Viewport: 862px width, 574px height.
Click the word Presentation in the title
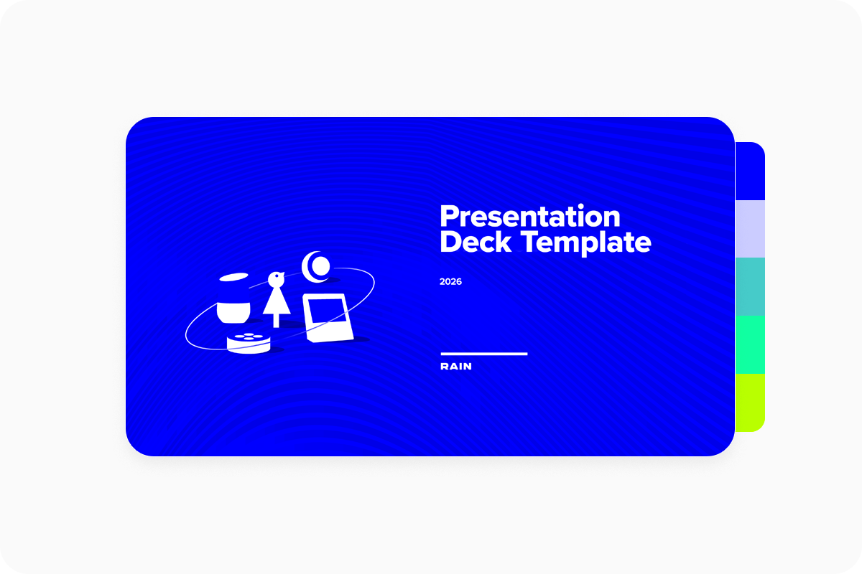click(530, 217)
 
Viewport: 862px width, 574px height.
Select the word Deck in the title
click(476, 242)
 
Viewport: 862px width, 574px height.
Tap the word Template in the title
click(586, 243)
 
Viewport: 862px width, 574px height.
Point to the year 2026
click(450, 282)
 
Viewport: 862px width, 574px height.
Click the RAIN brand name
click(456, 367)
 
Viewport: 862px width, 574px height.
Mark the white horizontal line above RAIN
click(484, 354)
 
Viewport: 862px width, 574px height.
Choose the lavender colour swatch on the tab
click(750, 229)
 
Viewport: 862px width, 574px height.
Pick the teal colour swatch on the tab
click(750, 287)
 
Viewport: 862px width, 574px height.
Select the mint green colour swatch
click(750, 345)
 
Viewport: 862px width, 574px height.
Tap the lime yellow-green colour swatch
click(750, 403)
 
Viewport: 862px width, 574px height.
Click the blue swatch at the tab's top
click(750, 171)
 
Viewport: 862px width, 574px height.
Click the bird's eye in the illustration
click(277, 276)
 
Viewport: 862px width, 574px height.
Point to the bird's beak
click(283, 274)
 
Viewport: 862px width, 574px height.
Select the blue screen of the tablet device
click(327, 311)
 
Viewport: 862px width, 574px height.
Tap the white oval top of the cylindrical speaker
click(233, 277)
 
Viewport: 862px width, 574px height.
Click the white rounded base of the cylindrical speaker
click(233, 313)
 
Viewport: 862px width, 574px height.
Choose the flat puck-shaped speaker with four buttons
click(249, 343)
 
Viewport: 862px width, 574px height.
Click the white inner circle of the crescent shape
click(320, 266)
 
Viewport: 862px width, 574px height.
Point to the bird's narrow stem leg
click(276, 321)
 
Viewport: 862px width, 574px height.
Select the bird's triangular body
click(277, 301)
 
